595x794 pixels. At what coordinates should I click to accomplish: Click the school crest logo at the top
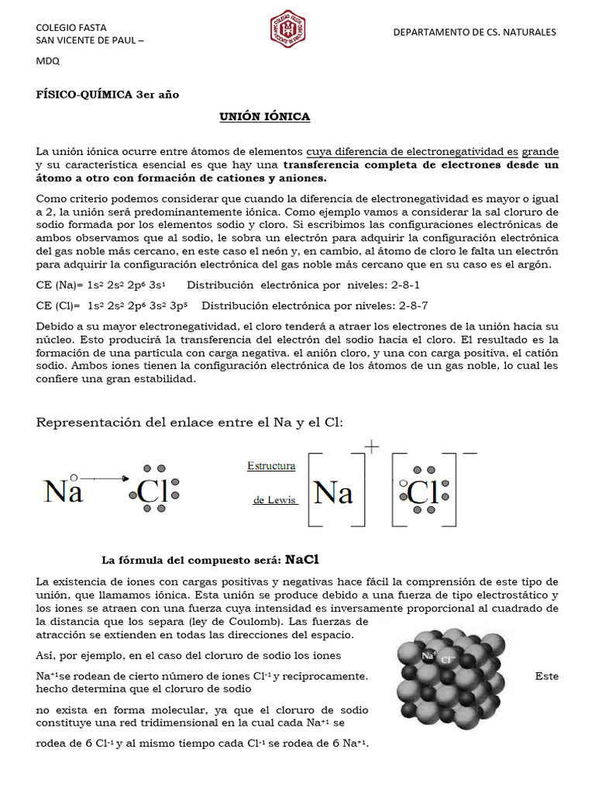(x=287, y=28)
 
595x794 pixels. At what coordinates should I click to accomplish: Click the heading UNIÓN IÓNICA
(x=264, y=116)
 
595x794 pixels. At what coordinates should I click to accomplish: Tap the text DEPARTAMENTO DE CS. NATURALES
(x=474, y=33)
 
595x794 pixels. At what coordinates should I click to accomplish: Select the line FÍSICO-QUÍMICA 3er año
(x=108, y=95)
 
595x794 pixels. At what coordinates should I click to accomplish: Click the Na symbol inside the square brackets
(x=334, y=492)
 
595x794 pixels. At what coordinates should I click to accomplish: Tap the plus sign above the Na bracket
(x=372, y=447)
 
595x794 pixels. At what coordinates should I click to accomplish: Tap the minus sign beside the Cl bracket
(x=469, y=451)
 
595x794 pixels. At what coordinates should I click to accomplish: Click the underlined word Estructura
(x=271, y=466)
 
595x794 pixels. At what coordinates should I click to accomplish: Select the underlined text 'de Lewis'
(x=275, y=500)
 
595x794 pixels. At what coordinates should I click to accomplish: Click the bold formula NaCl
(x=302, y=560)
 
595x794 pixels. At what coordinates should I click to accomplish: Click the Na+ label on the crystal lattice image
(x=428, y=656)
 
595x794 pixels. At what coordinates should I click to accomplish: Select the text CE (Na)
(x=57, y=285)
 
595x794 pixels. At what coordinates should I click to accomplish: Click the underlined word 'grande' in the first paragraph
(x=539, y=151)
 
